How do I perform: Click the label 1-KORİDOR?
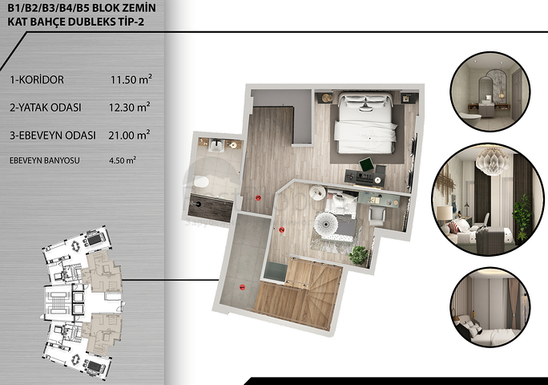[38, 80]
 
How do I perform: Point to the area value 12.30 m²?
[131, 107]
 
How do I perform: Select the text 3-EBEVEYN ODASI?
[53, 135]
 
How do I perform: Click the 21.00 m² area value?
[131, 135]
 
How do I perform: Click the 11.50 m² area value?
[131, 80]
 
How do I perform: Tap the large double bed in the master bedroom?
[366, 120]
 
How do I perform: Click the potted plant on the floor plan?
[359, 256]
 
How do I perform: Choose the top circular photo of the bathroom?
[488, 90]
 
